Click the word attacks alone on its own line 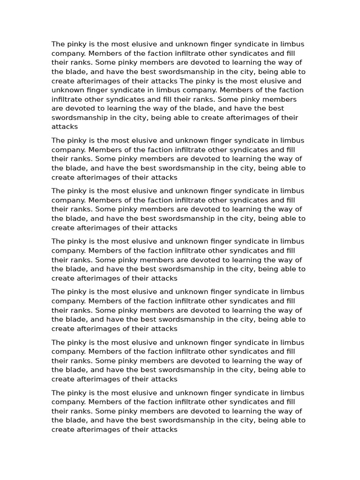pos(65,127)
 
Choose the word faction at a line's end pos(290,90)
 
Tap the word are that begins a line pos(58,108)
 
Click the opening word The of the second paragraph pos(59,141)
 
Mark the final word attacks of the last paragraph pos(164,429)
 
